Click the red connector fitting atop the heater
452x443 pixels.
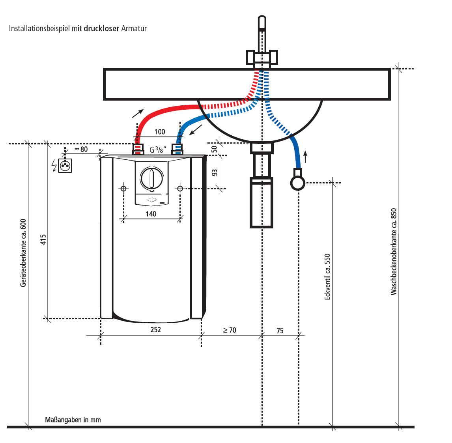pyautogui.click(x=137, y=149)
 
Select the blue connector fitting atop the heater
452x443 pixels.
pyautogui.click(x=178, y=149)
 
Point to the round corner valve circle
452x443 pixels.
pyautogui.click(x=298, y=183)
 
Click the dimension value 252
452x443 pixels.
pyautogui.click(x=156, y=329)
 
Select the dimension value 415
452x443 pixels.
pyautogui.click(x=43, y=240)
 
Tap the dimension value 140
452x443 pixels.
pyautogui.click(x=151, y=214)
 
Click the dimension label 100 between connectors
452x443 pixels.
pyautogui.click(x=160, y=132)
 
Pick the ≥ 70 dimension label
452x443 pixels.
pyautogui.click(x=230, y=330)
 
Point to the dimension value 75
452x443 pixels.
pyautogui.click(x=280, y=331)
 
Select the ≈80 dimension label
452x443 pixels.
pyautogui.click(x=81, y=149)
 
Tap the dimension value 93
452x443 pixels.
pyautogui.click(x=215, y=172)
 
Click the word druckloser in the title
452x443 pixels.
pyautogui.click(x=101, y=29)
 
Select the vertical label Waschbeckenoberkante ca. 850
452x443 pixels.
pyautogui.click(x=393, y=252)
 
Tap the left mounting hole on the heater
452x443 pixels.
pyautogui.click(x=123, y=189)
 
